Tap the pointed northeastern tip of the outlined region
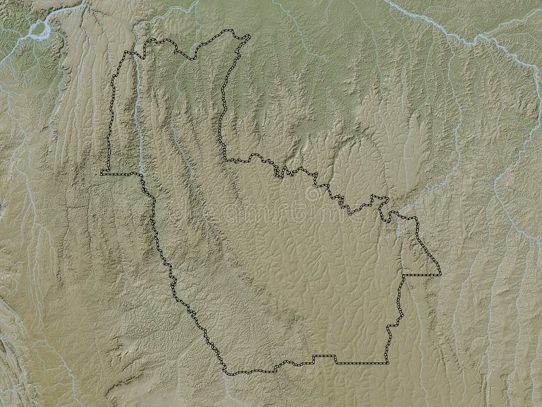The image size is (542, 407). click(248, 35)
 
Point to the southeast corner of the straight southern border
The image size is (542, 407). click(388, 364)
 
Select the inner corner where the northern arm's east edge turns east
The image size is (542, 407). click(225, 160)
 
